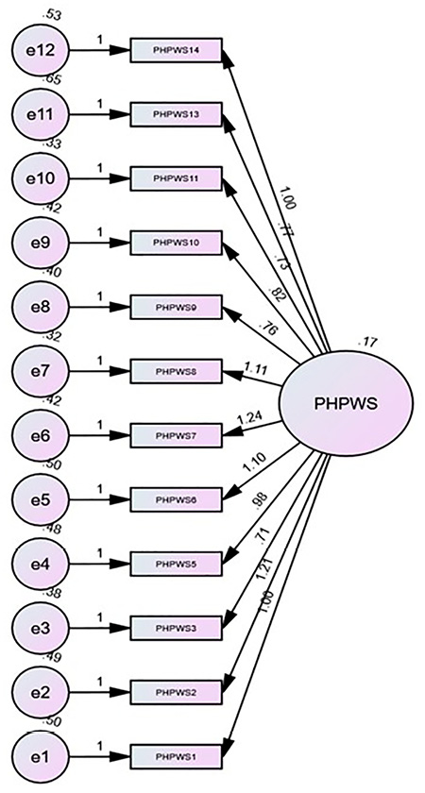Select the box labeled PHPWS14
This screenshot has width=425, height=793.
[177, 49]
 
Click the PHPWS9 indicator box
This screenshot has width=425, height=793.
[177, 307]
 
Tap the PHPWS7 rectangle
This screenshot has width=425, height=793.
[177, 435]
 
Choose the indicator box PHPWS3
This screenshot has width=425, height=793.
[177, 628]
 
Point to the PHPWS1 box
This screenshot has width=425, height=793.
[177, 756]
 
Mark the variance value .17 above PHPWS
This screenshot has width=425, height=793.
[368, 343]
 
